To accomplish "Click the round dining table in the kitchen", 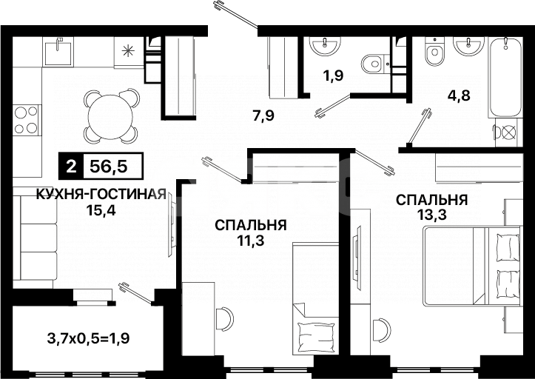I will click(x=110, y=115).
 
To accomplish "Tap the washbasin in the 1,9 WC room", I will click(x=323, y=46).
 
